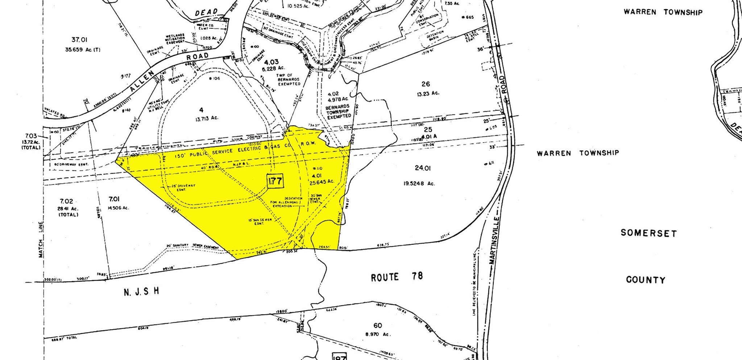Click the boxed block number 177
pos(275,181)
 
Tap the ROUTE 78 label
pos(397,277)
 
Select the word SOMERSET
pos(648,233)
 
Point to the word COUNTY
pos(646,280)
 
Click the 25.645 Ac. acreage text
pos(322,182)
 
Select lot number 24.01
pos(423,168)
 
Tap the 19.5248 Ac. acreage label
pos(419,184)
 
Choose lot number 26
pos(426,84)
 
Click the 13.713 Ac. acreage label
pos(207,118)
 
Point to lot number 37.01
pos(79,40)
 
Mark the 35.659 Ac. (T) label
pos(83,50)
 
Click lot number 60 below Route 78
pos(378,326)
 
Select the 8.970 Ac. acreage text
pos(378,334)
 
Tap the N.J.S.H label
pos(141,291)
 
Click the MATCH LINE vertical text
pos(41,240)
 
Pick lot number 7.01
pos(114,199)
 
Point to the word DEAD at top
pos(206,12)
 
